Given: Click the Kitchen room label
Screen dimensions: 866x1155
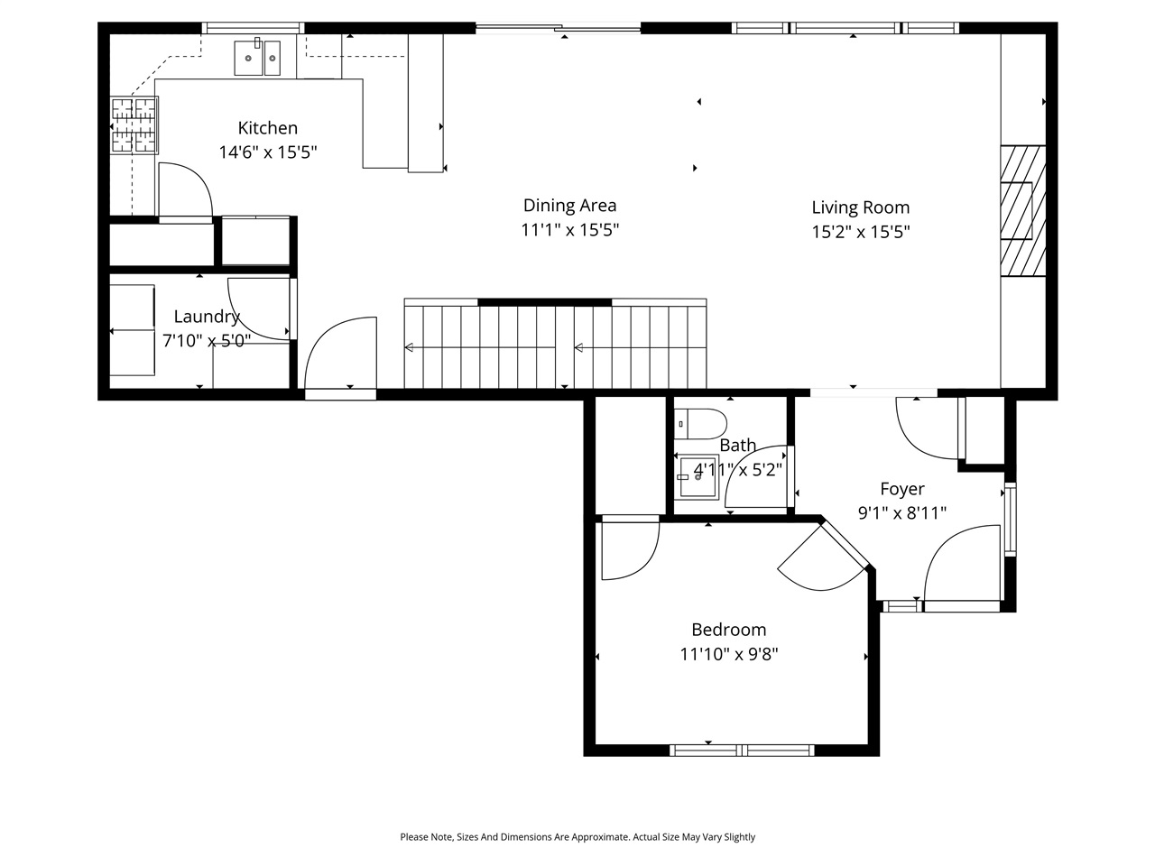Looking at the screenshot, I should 267,128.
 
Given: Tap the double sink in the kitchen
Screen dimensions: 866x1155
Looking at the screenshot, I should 257,59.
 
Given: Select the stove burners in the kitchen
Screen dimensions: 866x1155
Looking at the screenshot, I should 134,124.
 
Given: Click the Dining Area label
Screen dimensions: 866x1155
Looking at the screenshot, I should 569,206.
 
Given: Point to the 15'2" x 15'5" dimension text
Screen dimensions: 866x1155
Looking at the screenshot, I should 860,232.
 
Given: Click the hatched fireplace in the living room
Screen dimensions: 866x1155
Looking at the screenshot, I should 1022,209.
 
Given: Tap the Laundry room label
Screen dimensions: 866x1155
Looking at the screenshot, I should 206,317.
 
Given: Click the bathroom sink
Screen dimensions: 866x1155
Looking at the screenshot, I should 698,476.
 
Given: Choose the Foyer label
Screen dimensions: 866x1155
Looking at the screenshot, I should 901,489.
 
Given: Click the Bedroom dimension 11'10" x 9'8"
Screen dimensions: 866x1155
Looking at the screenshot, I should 728,654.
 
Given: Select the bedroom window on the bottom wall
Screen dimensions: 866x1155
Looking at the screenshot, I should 742,750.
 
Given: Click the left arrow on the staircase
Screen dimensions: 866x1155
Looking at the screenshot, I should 409,347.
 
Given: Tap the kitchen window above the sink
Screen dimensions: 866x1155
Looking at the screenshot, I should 252,28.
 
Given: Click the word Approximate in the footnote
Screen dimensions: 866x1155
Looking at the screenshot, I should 597,837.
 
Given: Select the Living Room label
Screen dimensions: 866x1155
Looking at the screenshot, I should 860,207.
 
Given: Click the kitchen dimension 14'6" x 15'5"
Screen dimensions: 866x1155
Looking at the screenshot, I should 267,152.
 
